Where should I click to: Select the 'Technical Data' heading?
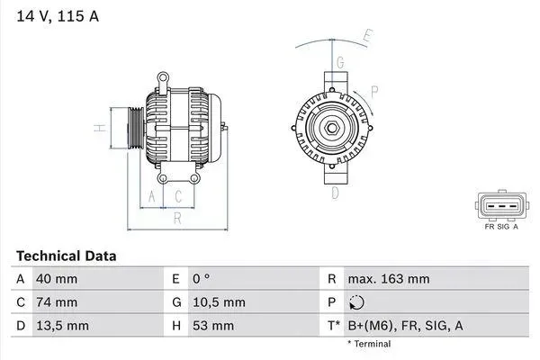click(x=66, y=256)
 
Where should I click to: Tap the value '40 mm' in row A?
click(x=56, y=279)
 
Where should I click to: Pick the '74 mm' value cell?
click(x=56, y=302)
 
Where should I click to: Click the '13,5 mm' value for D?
click(x=61, y=325)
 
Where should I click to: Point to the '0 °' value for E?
click(x=202, y=279)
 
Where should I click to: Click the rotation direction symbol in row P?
click(x=358, y=302)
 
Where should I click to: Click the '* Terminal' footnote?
click(x=369, y=344)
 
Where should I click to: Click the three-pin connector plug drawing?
click(x=500, y=206)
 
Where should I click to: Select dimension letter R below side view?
click(x=177, y=217)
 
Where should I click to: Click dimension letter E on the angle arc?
click(x=367, y=37)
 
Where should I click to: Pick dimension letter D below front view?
click(x=335, y=193)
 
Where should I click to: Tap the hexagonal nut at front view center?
click(x=332, y=129)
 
